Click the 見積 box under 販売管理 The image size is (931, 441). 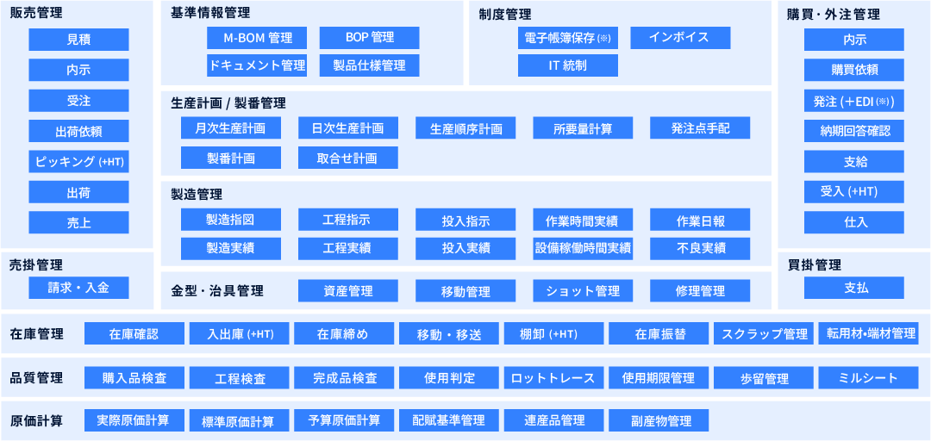pyautogui.click(x=78, y=40)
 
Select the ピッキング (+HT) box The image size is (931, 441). pyautogui.click(x=78, y=161)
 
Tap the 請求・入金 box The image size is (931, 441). pyautogui.click(x=78, y=288)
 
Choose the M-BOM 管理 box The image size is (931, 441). pyautogui.click(x=257, y=38)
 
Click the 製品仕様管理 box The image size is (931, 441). pyautogui.click(x=369, y=65)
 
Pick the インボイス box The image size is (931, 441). pyautogui.click(x=680, y=38)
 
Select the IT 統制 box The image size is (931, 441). pyautogui.click(x=567, y=65)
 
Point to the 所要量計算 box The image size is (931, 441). pyautogui.click(x=583, y=128)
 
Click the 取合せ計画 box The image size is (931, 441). pyautogui.click(x=348, y=158)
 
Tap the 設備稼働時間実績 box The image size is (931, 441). pyautogui.click(x=583, y=249)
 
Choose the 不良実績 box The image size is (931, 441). pyautogui.click(x=700, y=249)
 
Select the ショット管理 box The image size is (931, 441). pyautogui.click(x=583, y=291)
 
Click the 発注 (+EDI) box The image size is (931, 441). pyautogui.click(x=854, y=100)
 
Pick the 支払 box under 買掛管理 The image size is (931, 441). pyautogui.click(x=854, y=288)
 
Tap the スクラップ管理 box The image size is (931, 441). pyautogui.click(x=764, y=333)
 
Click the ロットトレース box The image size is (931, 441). pyautogui.click(x=554, y=377)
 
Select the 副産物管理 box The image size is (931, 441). pyautogui.click(x=659, y=421)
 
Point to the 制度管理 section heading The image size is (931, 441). pyautogui.click(x=504, y=16)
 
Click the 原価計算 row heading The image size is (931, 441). pyautogui.click(x=37, y=421)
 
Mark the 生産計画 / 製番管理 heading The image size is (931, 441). pyautogui.click(x=228, y=103)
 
